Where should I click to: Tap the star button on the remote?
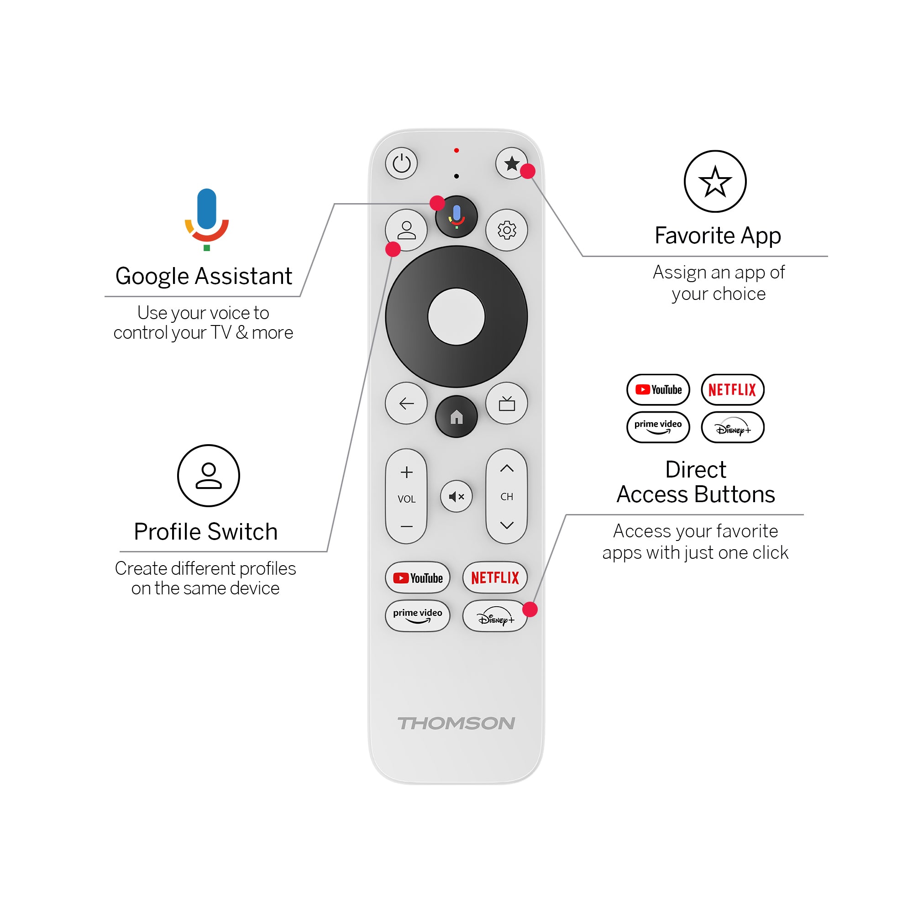coord(511,163)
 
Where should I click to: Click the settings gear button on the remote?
coord(507,230)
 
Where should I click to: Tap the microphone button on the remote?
coord(456,217)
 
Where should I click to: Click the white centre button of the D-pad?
coord(456,317)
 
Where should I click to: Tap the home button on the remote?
coord(456,417)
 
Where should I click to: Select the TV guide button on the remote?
coord(507,404)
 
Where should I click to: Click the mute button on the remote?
coord(456,496)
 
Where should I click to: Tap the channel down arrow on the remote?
coord(507,525)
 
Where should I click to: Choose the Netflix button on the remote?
coord(495,577)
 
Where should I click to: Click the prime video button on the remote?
coord(417,616)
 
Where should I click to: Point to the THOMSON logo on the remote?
coord(456,724)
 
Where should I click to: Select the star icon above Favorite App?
coord(715,182)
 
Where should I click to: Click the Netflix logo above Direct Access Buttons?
coord(732,390)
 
